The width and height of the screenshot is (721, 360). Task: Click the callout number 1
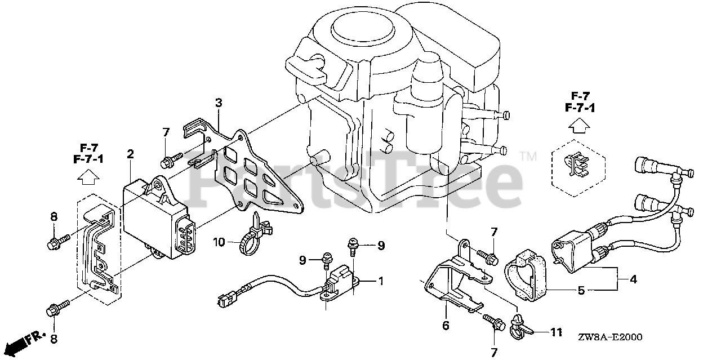[381, 281]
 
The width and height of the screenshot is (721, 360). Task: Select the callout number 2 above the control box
[130, 154]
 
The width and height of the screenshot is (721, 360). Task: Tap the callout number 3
[219, 103]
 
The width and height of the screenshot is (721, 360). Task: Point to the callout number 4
[633, 279]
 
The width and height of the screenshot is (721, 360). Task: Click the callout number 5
[581, 291]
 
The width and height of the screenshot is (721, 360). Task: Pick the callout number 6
[446, 326]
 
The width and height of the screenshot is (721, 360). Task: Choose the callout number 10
[219, 242]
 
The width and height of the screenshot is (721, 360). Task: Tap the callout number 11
[556, 332]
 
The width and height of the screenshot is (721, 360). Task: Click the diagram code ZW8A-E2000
[609, 337]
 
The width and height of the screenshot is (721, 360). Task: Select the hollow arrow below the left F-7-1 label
[88, 177]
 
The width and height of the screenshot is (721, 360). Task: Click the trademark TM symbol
[528, 157]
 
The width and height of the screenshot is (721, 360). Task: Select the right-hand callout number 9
[381, 246]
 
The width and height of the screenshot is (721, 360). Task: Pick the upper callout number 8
[54, 217]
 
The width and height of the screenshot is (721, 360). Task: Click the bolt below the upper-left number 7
[171, 159]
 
